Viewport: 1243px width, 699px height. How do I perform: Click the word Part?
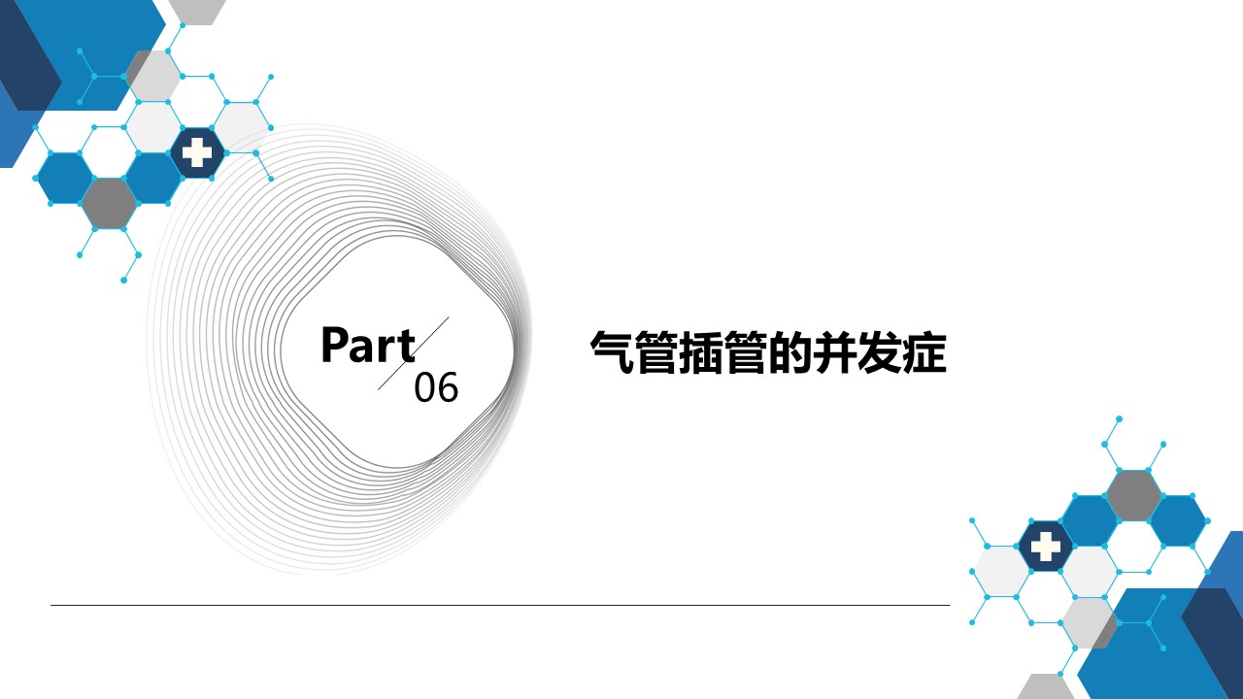pos(368,345)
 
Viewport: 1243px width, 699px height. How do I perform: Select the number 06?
pos(436,387)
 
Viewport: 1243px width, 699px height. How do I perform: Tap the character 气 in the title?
pos(612,352)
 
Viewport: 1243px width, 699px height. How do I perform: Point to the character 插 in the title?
pos(701,352)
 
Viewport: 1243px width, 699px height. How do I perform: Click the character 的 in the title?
pos(790,352)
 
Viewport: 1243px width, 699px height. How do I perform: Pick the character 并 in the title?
pos(835,352)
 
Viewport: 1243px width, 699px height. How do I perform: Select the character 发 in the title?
pos(880,352)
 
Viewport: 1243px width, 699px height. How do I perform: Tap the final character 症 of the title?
pos(924,352)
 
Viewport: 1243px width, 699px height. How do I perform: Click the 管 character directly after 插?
pos(747,352)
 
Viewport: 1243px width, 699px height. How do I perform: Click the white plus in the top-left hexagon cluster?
pos(197,152)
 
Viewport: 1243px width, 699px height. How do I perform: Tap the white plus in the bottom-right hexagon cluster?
pos(1046,547)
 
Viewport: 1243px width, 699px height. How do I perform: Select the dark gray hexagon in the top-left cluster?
pos(110,204)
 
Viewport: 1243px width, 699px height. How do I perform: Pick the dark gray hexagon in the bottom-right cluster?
pos(1133,496)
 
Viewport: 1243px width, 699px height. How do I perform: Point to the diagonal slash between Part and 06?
pos(414,353)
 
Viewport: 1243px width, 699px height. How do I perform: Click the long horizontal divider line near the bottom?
pos(500,605)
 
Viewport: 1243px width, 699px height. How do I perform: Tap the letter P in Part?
pos(334,345)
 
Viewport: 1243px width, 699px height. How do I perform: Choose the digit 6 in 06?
pos(448,387)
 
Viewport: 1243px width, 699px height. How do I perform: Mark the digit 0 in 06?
pos(425,387)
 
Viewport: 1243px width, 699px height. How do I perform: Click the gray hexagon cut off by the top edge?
pos(196,12)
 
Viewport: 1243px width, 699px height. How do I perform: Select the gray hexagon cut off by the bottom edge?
pos(1046,686)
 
